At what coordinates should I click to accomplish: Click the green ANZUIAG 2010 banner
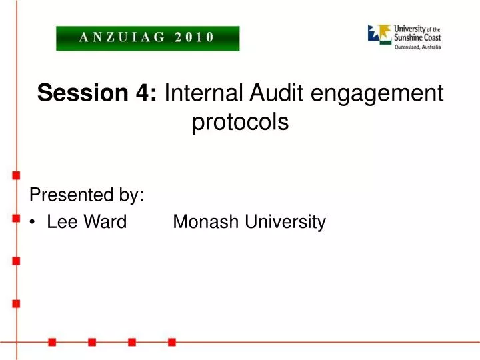[x=147, y=38]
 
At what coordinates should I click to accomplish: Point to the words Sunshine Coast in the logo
[x=417, y=37]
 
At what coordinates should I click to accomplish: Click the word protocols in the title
[x=240, y=123]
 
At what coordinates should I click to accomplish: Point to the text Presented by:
[x=87, y=195]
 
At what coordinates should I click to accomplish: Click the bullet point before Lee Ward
[x=33, y=223]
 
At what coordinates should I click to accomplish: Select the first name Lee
[x=61, y=222]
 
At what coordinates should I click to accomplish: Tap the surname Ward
[x=104, y=222]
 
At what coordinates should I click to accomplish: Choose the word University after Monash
[x=285, y=222]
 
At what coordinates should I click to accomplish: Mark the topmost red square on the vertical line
[x=15, y=175]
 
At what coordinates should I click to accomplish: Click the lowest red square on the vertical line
[x=15, y=303]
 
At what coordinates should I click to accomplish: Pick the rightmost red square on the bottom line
[x=172, y=342]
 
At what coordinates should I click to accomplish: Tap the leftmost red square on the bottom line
[x=52, y=342]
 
